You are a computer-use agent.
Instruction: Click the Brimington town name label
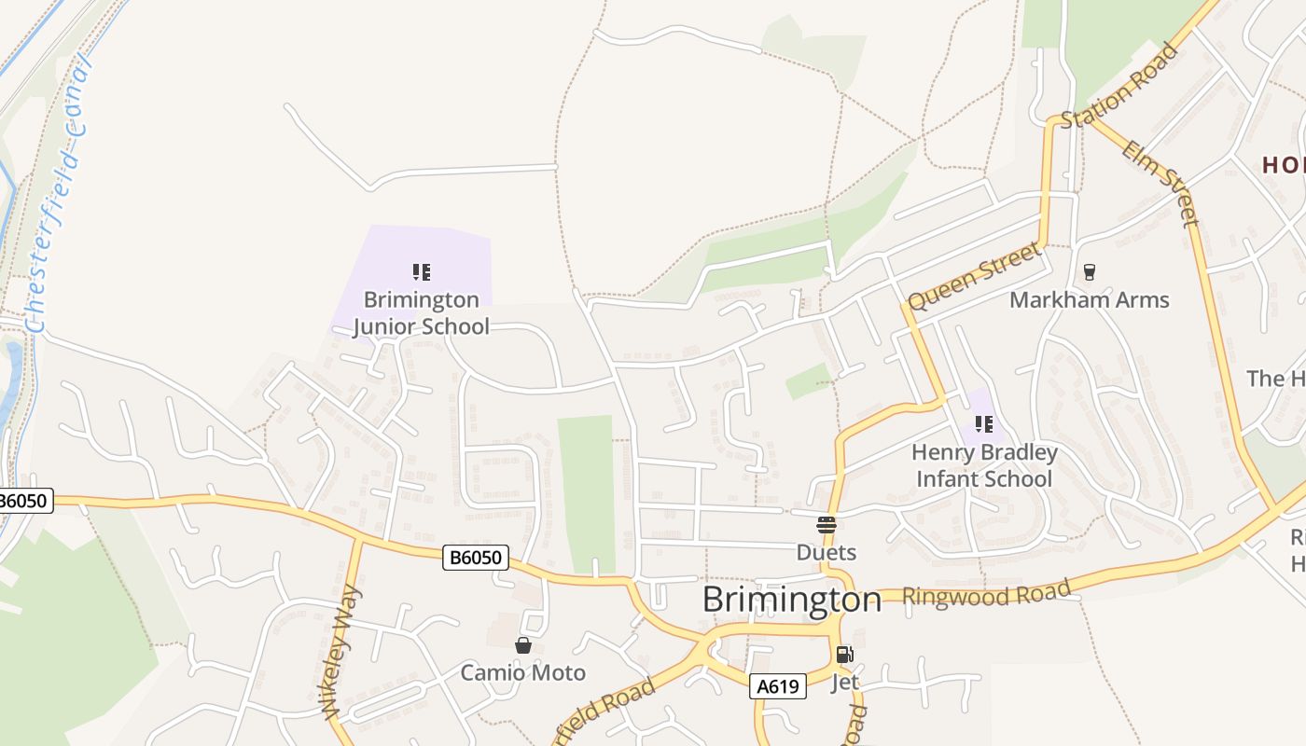[x=791, y=600]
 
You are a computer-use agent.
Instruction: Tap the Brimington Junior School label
[x=421, y=313]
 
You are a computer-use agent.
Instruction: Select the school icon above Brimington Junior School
[x=422, y=272]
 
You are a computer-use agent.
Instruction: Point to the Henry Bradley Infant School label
[x=984, y=465]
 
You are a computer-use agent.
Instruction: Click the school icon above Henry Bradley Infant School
[x=983, y=425]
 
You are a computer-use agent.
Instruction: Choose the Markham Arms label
[x=1089, y=300]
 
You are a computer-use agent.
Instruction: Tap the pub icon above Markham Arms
[x=1088, y=272]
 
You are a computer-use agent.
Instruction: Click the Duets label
[x=826, y=552]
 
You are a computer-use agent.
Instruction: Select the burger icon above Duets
[x=826, y=524]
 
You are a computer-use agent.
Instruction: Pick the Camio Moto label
[x=522, y=672]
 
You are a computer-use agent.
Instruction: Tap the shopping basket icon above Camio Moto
[x=523, y=645]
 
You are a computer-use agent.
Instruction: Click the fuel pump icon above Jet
[x=844, y=655]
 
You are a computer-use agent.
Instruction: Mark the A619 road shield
[x=777, y=687]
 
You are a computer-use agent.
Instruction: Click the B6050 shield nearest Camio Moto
[x=475, y=559]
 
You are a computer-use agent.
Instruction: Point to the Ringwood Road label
[x=986, y=593]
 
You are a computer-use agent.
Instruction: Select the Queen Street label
[x=974, y=277]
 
